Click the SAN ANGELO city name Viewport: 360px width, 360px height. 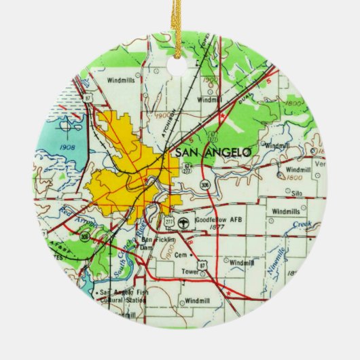click(213, 153)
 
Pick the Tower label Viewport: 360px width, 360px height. click(190, 272)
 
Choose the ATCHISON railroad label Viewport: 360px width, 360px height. click(169, 123)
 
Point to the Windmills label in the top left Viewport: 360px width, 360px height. click(120, 80)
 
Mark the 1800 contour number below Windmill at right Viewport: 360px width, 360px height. click(294, 177)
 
